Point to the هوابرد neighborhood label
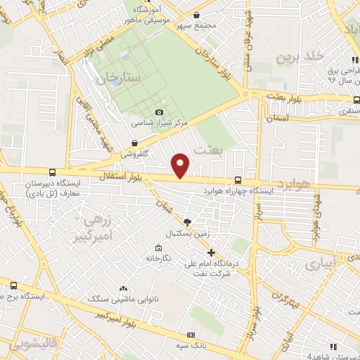[293, 184]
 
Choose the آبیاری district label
[323, 264]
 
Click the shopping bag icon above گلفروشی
[124, 143]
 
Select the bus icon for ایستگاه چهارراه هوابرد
[238, 180]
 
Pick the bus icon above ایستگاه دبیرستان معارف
[52, 172]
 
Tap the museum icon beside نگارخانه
[158, 248]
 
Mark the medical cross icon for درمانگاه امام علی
[211, 252]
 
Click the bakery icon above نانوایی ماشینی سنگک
[123, 288]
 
